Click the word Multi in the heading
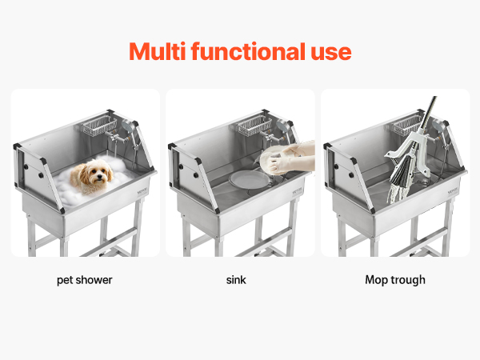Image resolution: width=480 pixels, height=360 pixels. pos(157,51)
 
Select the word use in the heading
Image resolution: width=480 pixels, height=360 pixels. pos(331,53)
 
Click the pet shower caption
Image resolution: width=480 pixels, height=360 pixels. pos(85,280)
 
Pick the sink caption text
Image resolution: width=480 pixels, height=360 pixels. pos(236,280)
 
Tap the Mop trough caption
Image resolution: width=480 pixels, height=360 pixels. pos(395,280)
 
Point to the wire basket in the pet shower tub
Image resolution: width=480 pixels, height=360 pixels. pos(99,126)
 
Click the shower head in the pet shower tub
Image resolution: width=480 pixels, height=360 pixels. pos(127,125)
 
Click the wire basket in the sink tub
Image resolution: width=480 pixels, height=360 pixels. pos(254,126)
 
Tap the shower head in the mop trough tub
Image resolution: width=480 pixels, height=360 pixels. pos(438,126)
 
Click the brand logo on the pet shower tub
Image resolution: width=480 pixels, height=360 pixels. pos(142,190)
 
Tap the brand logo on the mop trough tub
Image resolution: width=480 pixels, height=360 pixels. pos(453,191)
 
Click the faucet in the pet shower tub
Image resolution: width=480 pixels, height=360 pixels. pos(115,138)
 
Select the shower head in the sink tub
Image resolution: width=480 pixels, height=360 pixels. pos(282,125)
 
